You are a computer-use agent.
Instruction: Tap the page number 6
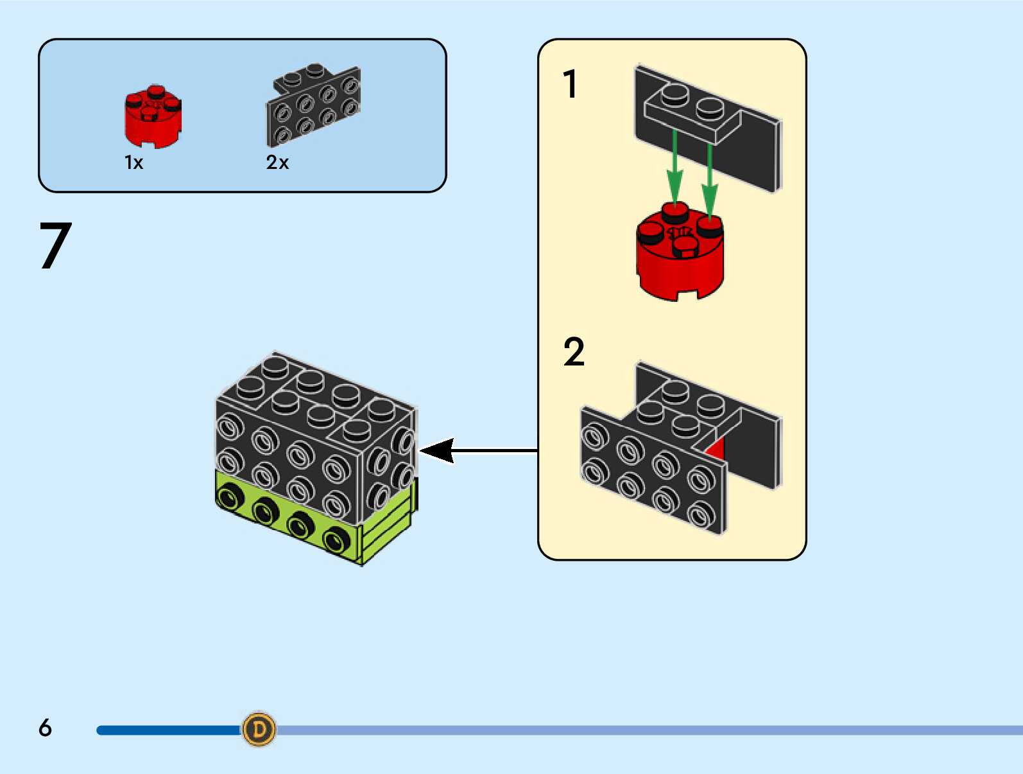[x=45, y=728]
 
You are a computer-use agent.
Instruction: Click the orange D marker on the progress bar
[x=259, y=729]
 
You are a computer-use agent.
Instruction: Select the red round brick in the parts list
[x=153, y=117]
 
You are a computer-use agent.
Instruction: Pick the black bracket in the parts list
[x=313, y=105]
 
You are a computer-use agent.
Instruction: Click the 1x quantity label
[x=133, y=163]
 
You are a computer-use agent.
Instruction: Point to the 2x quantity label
[x=277, y=163]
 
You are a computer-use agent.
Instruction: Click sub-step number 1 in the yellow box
[x=570, y=84]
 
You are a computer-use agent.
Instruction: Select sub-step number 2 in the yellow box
[x=574, y=352]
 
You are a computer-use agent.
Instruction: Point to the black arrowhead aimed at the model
[x=438, y=451]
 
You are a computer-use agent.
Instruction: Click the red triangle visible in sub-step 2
[x=717, y=447]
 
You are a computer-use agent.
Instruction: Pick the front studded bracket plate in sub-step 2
[x=651, y=469]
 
